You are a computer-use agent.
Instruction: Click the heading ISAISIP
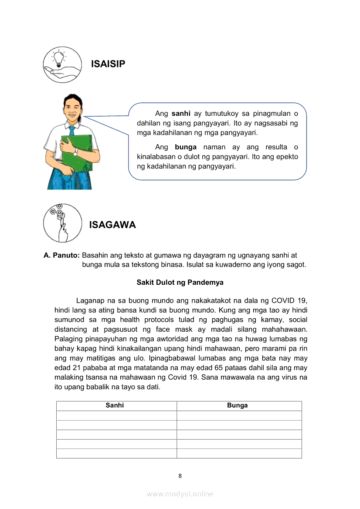click(108, 64)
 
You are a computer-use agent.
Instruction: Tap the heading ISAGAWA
click(112, 225)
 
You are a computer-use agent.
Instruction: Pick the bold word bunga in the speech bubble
click(186, 147)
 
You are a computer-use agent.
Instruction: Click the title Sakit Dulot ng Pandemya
click(180, 282)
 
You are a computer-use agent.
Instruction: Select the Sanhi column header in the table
click(115, 405)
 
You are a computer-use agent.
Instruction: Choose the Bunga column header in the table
click(237, 405)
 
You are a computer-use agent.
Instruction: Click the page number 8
click(180, 476)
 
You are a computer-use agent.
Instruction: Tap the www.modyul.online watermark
click(180, 494)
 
